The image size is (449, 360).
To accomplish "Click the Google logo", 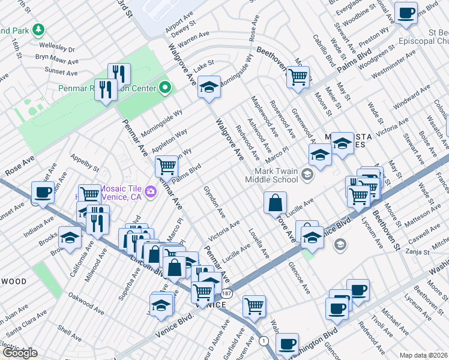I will [x=19, y=353].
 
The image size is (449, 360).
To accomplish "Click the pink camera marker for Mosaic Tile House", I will [x=150, y=191].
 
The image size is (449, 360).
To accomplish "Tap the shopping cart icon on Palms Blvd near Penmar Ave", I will [x=166, y=165].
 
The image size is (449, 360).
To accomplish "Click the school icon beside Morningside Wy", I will [x=209, y=87].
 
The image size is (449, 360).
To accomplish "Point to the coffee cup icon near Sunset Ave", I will [x=43, y=192].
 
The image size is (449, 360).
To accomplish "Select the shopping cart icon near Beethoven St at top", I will [x=298, y=76].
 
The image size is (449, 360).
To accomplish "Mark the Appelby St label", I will [x=85, y=162].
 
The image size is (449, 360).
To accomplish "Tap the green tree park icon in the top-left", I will [x=38, y=29].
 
